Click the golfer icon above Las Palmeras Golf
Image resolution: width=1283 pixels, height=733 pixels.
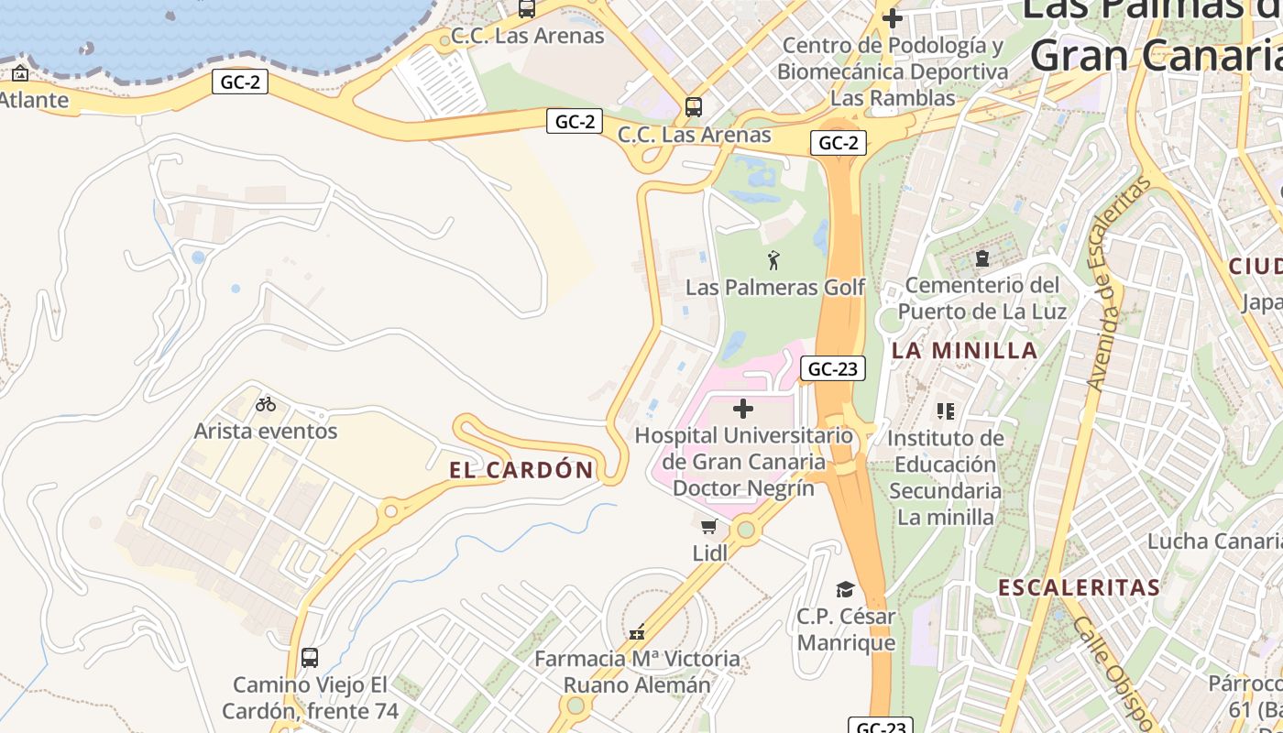pyautogui.click(x=774, y=260)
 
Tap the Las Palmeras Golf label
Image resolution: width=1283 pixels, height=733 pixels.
pyautogui.click(x=775, y=288)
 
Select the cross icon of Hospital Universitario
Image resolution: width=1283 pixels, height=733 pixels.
pyautogui.click(x=743, y=409)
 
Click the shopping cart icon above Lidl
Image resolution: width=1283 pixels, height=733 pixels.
pyautogui.click(x=708, y=527)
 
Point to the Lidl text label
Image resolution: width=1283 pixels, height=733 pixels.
pyautogui.click(x=710, y=552)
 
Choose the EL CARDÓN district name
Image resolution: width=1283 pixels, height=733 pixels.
pyautogui.click(x=521, y=470)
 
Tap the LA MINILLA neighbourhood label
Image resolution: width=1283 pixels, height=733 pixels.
pyautogui.click(x=964, y=350)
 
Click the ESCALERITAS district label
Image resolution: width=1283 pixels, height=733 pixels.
pyautogui.click(x=1079, y=587)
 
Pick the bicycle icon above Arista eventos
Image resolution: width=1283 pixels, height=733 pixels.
pyautogui.click(x=266, y=404)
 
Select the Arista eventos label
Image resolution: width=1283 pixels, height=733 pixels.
pyautogui.click(x=266, y=431)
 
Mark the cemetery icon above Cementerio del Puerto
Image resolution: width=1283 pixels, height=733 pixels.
pyautogui.click(x=982, y=258)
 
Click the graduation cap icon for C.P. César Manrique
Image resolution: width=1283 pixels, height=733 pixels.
pyautogui.click(x=845, y=589)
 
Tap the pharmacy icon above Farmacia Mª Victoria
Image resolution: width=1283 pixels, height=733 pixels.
pyautogui.click(x=637, y=632)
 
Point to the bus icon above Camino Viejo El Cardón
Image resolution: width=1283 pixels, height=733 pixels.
pyautogui.click(x=310, y=657)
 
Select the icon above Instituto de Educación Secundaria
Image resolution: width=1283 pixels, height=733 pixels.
pyautogui.click(x=946, y=411)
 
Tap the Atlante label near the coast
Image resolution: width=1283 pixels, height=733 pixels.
pyautogui.click(x=34, y=100)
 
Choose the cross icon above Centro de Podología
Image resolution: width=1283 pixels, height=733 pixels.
pyautogui.click(x=893, y=17)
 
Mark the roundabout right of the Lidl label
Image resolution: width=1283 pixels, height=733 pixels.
pyautogui.click(x=746, y=530)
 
